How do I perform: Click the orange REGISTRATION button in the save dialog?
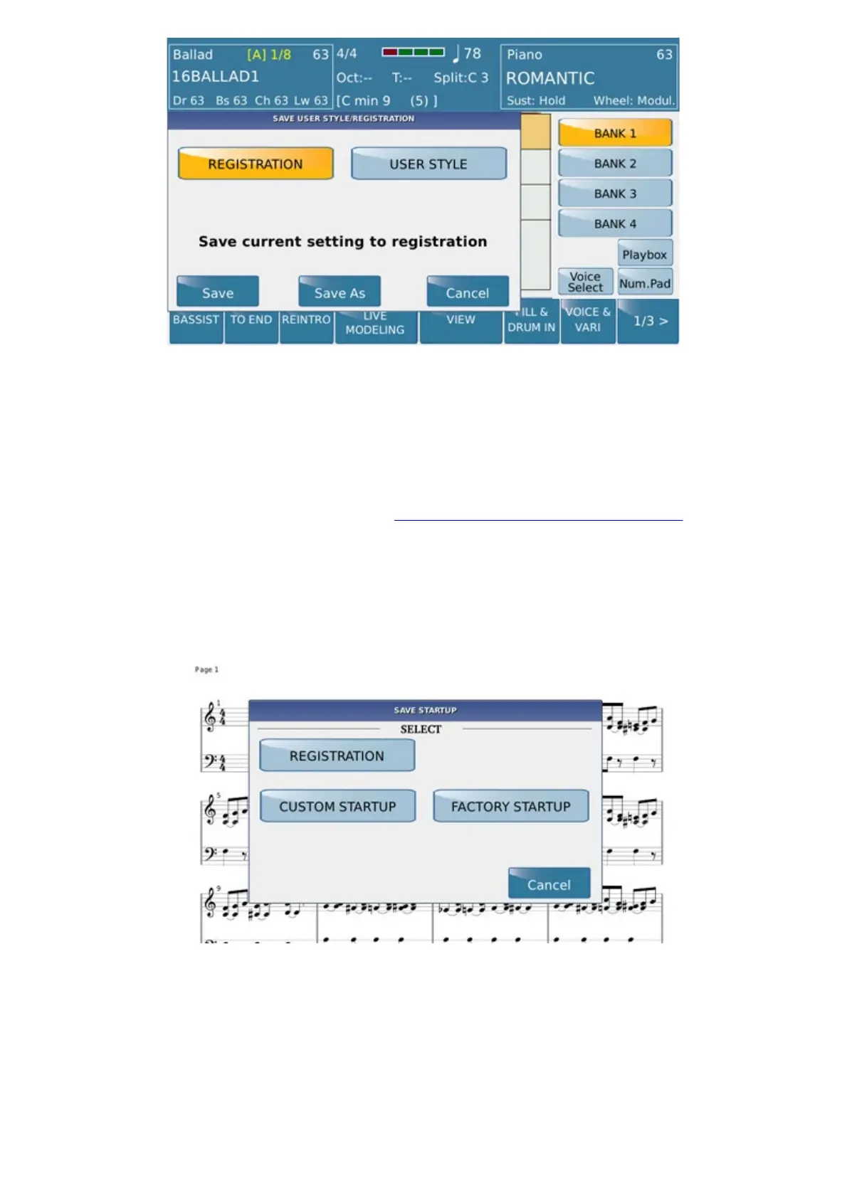tap(256, 164)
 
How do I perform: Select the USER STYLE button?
tap(428, 164)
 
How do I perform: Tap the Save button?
tap(218, 292)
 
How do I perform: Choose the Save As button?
tap(340, 292)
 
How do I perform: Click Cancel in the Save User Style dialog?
tap(468, 292)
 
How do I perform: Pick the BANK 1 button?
tap(615, 133)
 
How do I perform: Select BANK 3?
tap(615, 194)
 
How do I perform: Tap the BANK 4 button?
tap(615, 223)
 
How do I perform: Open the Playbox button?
tap(645, 254)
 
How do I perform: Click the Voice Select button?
tap(585, 282)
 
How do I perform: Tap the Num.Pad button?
tap(645, 283)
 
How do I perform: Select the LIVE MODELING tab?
tap(375, 324)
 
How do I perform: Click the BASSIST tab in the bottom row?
tap(196, 321)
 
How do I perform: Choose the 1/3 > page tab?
tap(649, 321)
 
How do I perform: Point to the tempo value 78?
tap(472, 54)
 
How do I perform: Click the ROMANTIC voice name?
tap(550, 78)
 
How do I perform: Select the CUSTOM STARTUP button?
tap(337, 806)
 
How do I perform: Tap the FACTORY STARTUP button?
tap(510, 806)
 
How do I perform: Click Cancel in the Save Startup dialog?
tap(549, 884)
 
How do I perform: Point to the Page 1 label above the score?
tap(206, 669)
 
